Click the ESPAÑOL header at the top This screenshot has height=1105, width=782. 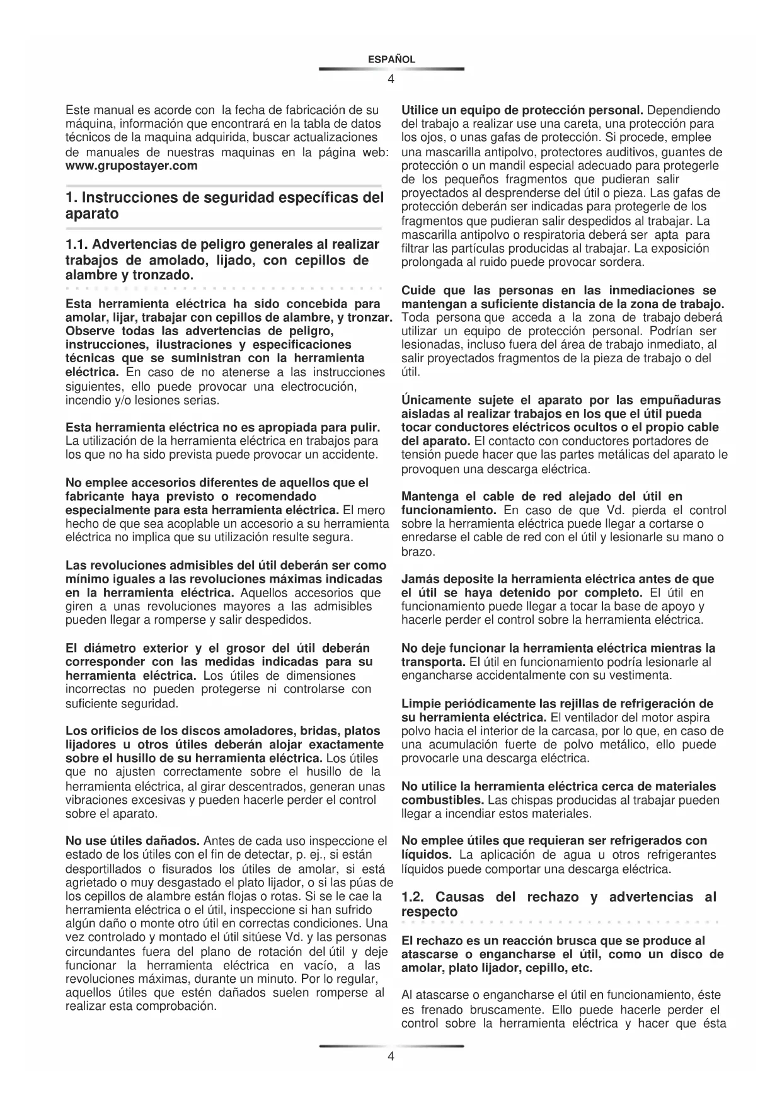pos(391,60)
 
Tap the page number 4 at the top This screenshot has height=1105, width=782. pos(391,79)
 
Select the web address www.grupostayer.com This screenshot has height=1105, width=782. pos(131,166)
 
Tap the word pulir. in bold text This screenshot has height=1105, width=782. pos(364,428)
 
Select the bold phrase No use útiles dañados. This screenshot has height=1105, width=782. pos(133,841)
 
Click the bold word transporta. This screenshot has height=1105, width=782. pos(434,662)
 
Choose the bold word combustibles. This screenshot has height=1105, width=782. pos(442,800)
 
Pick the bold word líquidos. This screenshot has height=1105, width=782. pos(427,855)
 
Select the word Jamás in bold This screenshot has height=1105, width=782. pos(417,579)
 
